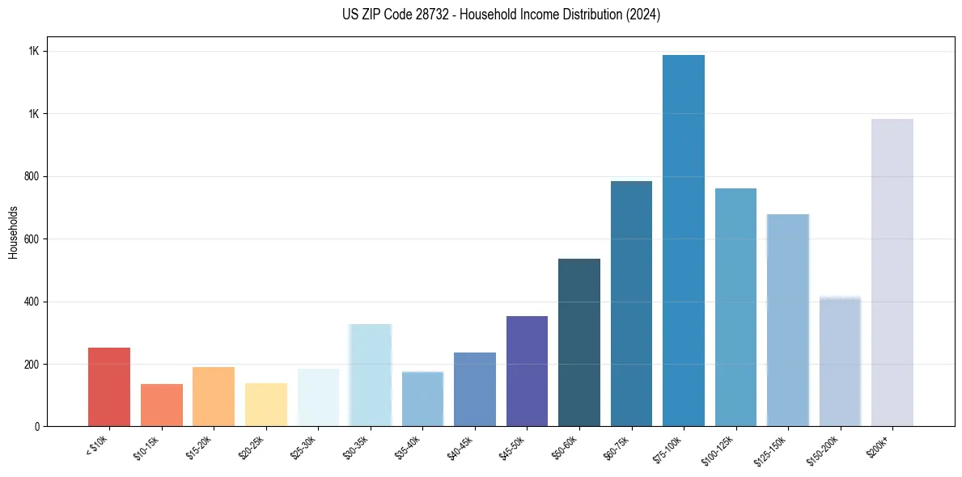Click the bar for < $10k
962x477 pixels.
point(109,387)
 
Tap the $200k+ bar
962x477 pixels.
point(892,272)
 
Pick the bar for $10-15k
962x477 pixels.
point(162,405)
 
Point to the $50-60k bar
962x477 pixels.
point(579,343)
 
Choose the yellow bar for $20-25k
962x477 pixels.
point(266,404)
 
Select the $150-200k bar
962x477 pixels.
point(840,361)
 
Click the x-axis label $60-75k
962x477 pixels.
point(617,446)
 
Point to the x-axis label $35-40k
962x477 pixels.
point(409,446)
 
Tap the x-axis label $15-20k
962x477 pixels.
point(200,446)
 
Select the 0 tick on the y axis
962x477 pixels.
point(38,426)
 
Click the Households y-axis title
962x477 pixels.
point(13,232)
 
